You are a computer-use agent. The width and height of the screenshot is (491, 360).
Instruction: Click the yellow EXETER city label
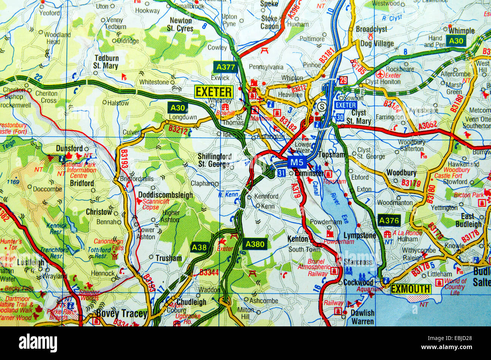click(x=214, y=92)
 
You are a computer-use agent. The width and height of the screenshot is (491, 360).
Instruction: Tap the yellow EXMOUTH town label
click(x=411, y=289)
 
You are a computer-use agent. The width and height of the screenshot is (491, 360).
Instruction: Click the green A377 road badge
click(x=225, y=67)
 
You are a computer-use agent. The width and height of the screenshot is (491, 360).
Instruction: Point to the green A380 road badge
click(x=255, y=244)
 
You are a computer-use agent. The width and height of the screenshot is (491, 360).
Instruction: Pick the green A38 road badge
click(x=199, y=247)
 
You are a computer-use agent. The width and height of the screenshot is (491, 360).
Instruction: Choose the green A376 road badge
click(x=389, y=220)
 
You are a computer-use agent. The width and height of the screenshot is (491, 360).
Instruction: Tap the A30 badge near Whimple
click(x=456, y=41)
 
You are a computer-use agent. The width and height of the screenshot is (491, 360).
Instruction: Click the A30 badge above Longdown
click(x=178, y=108)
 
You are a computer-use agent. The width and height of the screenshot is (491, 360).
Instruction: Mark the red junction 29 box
click(x=343, y=80)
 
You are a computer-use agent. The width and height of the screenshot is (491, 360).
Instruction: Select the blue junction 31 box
click(x=281, y=173)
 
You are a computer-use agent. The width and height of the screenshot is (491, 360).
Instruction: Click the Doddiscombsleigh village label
click(x=165, y=195)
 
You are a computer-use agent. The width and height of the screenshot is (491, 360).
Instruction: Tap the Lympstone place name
click(x=360, y=236)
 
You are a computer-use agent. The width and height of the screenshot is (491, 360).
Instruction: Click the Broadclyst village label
click(x=372, y=29)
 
